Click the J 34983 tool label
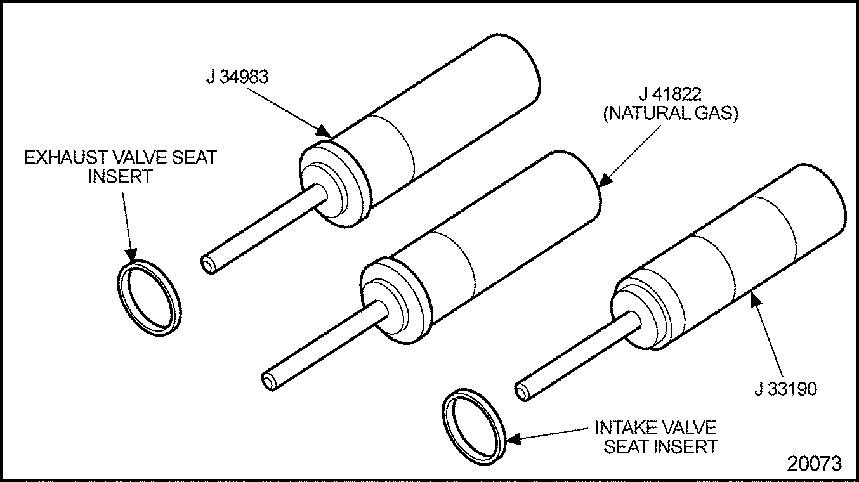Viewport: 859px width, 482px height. (x=237, y=77)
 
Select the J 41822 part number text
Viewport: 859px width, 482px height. (x=670, y=94)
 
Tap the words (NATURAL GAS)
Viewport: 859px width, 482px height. (x=671, y=114)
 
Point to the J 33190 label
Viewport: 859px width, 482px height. (x=786, y=389)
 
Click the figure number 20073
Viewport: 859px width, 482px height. (x=815, y=463)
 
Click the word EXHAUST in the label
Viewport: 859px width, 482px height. (x=66, y=157)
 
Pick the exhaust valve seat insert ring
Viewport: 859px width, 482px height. (x=149, y=298)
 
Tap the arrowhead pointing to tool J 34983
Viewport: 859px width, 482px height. (x=324, y=131)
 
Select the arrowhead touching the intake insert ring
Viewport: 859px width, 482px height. (x=515, y=439)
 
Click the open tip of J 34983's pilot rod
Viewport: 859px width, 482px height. (x=207, y=264)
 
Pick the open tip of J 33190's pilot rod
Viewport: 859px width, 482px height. (x=522, y=393)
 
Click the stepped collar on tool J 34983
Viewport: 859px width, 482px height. (x=335, y=184)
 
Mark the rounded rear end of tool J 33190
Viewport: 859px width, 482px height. (x=825, y=199)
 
